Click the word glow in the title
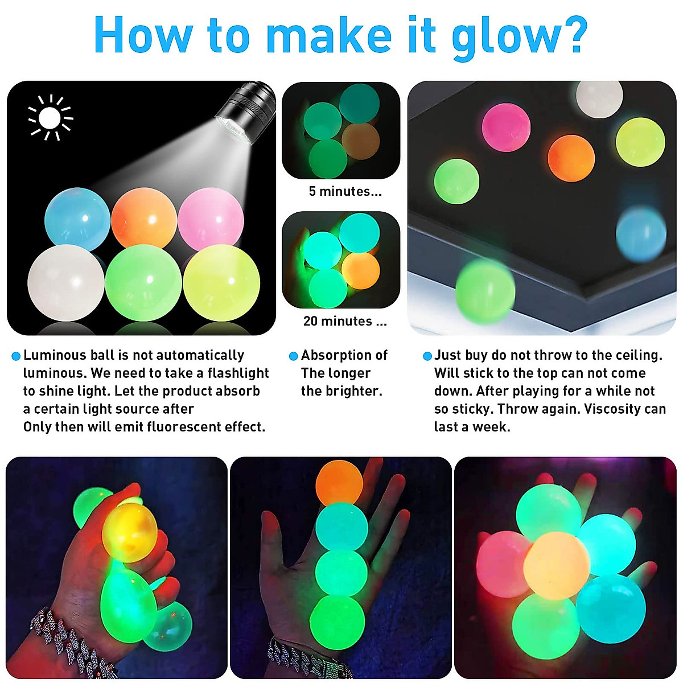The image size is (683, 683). point(505,35)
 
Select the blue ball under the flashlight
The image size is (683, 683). point(77,219)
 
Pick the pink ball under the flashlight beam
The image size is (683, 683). point(211,218)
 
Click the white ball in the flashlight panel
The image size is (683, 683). point(65,283)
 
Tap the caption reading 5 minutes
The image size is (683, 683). point(345,191)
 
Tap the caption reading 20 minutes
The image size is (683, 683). point(345,321)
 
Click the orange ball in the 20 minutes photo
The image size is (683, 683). point(361,271)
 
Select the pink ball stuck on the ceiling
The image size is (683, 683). point(506,127)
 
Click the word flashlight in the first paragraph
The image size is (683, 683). point(238,373)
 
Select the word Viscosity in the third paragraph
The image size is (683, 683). point(614,409)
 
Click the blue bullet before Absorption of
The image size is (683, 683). point(294,356)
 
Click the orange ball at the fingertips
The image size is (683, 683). point(339,482)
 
